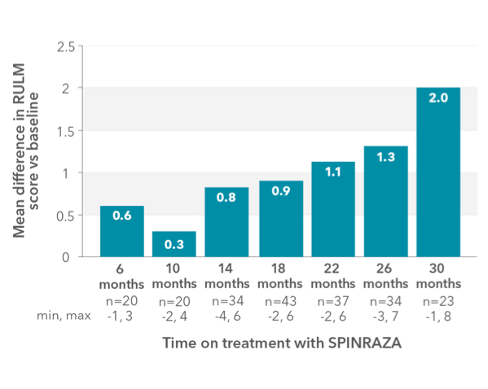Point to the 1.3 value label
pyautogui.click(x=385, y=157)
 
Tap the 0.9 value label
pyautogui.click(x=280, y=191)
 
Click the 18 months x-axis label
pyautogui.click(x=280, y=278)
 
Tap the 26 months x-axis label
pyautogui.click(x=385, y=278)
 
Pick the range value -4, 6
pyautogui.click(x=227, y=314)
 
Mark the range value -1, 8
pyautogui.click(x=437, y=314)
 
